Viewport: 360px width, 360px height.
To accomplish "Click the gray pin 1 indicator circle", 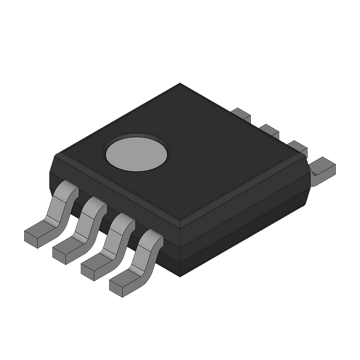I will [137, 154].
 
